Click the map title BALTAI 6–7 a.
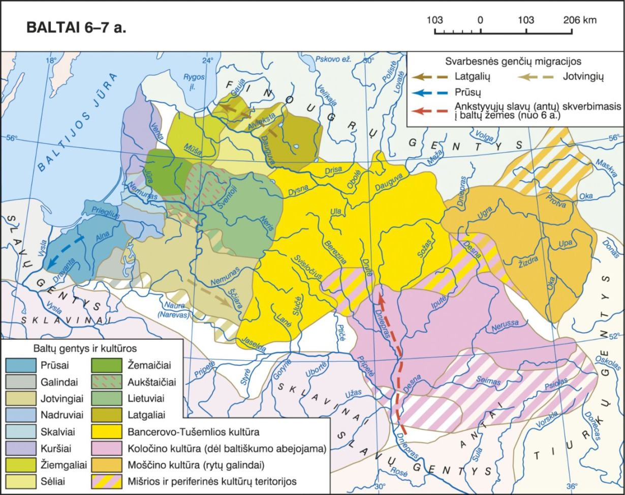(76, 28)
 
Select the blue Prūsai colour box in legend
(21, 365)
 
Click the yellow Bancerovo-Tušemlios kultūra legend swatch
(107, 432)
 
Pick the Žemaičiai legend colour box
(107, 365)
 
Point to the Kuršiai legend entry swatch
(21, 448)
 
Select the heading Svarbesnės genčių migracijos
(513, 61)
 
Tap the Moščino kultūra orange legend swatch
(107, 464)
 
